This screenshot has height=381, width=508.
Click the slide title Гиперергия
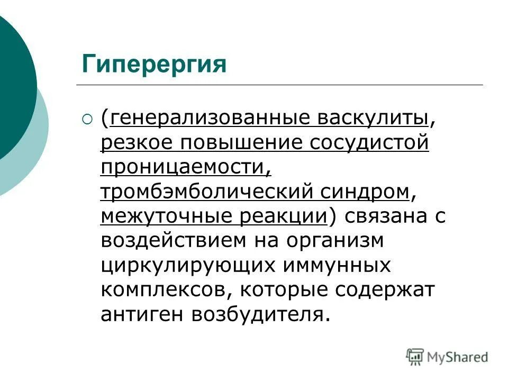coord(153,65)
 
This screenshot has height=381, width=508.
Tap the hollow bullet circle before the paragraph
coord(87,120)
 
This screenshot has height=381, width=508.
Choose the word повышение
coord(239,143)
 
